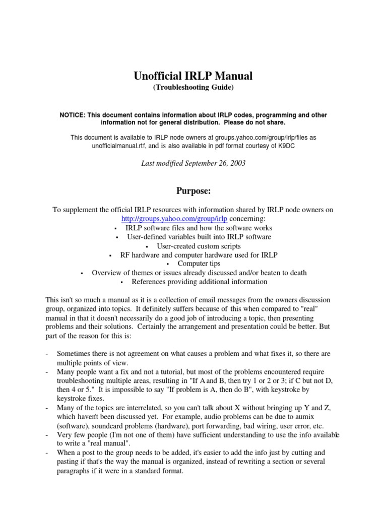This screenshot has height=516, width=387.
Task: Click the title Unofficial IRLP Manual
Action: click(x=193, y=76)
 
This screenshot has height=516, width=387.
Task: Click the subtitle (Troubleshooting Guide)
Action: click(x=193, y=88)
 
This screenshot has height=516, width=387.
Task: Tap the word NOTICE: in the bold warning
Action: click(x=74, y=115)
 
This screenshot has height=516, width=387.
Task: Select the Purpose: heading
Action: click(x=193, y=191)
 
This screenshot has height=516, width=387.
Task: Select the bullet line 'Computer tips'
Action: click(x=199, y=264)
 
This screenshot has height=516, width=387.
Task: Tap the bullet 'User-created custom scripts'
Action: click(x=199, y=246)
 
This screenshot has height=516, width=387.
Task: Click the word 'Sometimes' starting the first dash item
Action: click(x=74, y=353)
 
